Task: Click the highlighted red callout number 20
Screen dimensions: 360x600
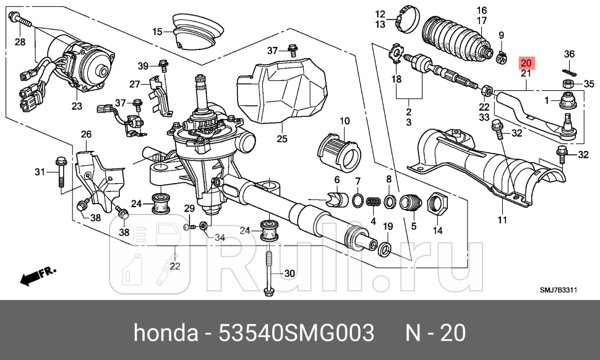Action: (x=526, y=63)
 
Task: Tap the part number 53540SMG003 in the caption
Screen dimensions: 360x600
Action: (x=297, y=333)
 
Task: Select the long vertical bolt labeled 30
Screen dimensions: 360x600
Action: (x=270, y=272)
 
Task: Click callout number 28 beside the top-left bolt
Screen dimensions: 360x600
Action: (x=20, y=41)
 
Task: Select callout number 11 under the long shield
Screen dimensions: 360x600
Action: (x=502, y=220)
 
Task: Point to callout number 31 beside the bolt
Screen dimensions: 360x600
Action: (x=40, y=171)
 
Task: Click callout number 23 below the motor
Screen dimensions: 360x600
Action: (x=76, y=106)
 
